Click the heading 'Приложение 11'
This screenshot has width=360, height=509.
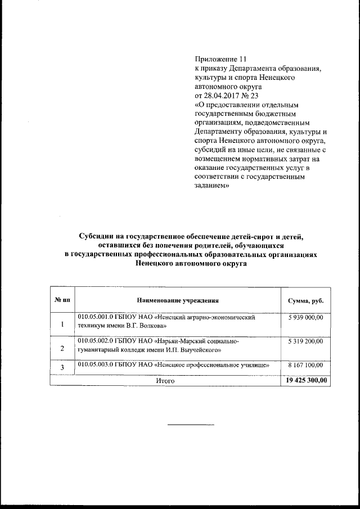pyautogui.click(x=220, y=59)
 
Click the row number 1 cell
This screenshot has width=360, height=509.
pyautogui.click(x=62, y=323)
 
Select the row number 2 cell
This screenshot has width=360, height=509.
pyautogui.click(x=62, y=348)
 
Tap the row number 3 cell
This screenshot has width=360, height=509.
pyautogui.click(x=62, y=368)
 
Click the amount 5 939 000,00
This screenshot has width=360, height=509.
pyautogui.click(x=305, y=318)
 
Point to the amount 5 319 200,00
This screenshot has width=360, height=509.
pyautogui.click(x=305, y=341)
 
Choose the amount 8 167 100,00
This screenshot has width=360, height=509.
pyautogui.click(x=305, y=365)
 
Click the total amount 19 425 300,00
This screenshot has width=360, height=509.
pyautogui.click(x=305, y=381)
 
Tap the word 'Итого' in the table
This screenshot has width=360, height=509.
pyautogui.click(x=165, y=381)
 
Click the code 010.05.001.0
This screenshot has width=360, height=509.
pyautogui.click(x=96, y=318)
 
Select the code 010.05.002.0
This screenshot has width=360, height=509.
pyautogui.click(x=96, y=341)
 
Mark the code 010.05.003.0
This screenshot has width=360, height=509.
pyautogui.click(x=96, y=365)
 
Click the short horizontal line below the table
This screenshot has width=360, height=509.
pyautogui.click(x=191, y=424)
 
